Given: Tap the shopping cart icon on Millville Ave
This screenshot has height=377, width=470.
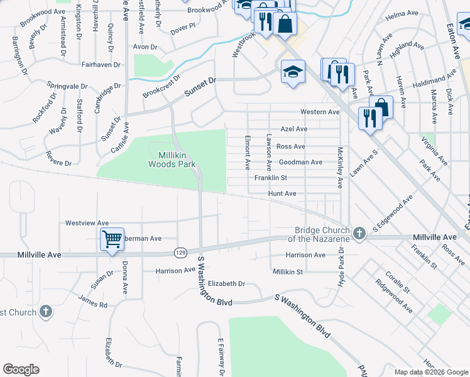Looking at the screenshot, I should [112, 238].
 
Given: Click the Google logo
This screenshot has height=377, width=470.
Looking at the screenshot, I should [21, 369].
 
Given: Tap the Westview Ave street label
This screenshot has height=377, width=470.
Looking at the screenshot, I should [87, 223].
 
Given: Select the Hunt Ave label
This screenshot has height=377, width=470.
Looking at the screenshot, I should [282, 194].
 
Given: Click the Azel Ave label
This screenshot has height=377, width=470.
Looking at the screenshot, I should [294, 129].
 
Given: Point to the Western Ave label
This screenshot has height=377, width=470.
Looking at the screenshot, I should [319, 112].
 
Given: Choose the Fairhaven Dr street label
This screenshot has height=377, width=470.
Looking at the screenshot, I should [105, 64].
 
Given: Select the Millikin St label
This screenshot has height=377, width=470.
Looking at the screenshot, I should [288, 271].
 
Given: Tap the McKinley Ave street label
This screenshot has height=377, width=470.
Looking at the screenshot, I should [340, 168].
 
